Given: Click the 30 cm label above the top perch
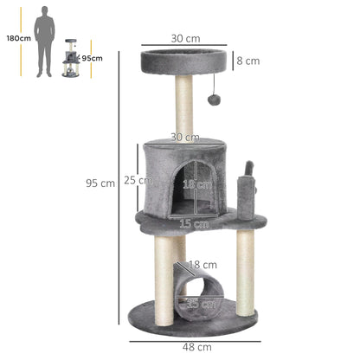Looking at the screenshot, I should coord(184,38).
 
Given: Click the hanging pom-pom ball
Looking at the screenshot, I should coord(214,100).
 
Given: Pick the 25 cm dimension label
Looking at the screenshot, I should coord(138,180).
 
